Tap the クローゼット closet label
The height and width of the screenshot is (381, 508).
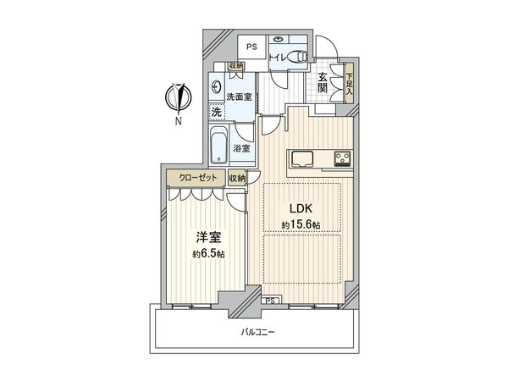(196, 178)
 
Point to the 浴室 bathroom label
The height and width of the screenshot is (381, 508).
(241, 148)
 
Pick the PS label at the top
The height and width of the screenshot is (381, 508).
(251, 47)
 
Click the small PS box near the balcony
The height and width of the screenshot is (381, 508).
(270, 300)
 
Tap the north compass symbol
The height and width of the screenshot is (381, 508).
(179, 97)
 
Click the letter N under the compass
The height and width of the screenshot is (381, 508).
(179, 121)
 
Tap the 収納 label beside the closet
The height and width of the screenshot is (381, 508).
(237, 178)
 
